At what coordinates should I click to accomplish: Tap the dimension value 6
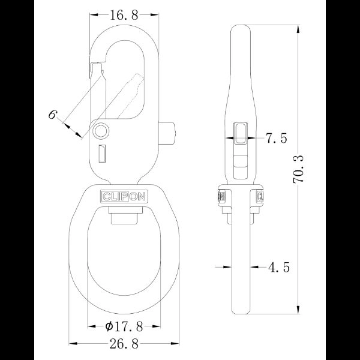pyautogui.click(x=53, y=114)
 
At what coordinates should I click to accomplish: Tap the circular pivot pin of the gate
pyautogui.click(x=101, y=130)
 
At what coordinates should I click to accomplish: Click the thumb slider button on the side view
pyautogui.click(x=240, y=133)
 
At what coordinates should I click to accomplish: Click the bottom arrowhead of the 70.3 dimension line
pyautogui.click(x=298, y=310)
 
